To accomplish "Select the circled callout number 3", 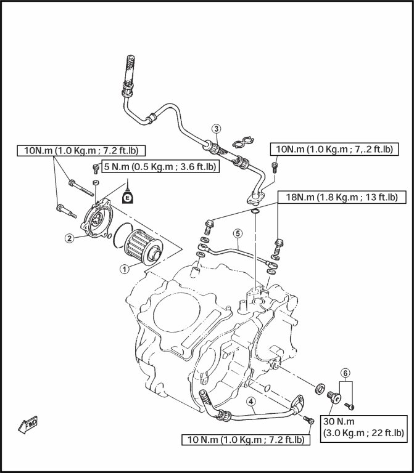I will click(216, 129).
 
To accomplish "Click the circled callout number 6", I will click(346, 373).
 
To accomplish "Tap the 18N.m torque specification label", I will click(341, 197).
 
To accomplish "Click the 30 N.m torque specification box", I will click(364, 426).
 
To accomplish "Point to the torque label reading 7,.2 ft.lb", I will click(334, 149).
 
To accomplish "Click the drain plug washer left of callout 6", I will click(321, 389).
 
